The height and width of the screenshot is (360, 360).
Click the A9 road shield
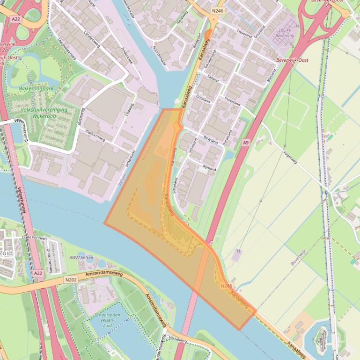point(245,142)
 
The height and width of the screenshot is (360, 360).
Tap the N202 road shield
point(71,280)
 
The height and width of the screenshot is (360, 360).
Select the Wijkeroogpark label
point(37,88)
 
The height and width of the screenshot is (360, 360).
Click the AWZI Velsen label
point(81,258)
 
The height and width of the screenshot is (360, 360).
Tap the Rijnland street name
point(209,167)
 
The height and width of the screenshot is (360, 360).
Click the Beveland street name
point(212,139)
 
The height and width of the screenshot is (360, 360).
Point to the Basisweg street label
point(79,116)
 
